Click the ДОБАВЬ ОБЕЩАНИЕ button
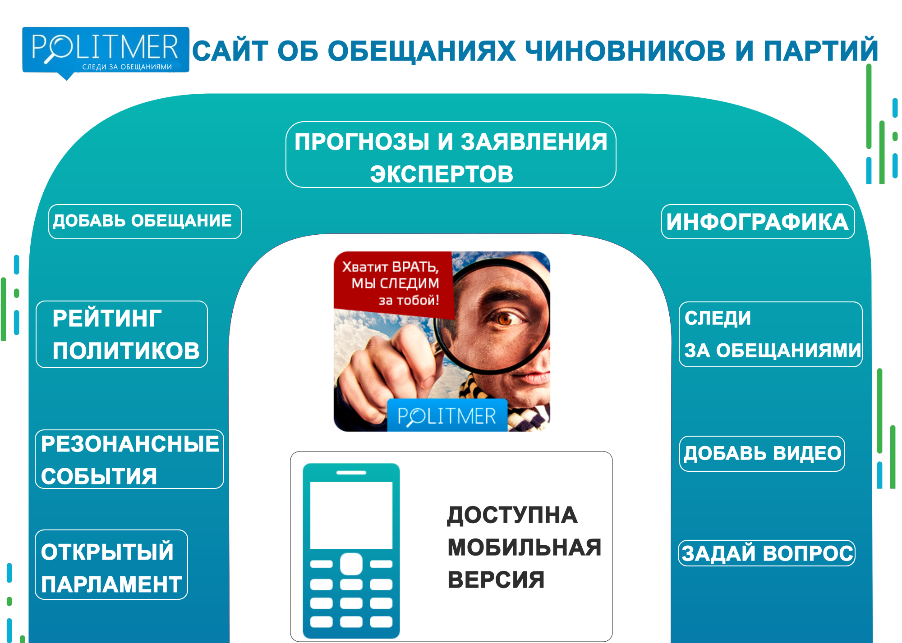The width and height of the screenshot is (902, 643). [145, 222]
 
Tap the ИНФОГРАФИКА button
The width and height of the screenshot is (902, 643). [758, 222]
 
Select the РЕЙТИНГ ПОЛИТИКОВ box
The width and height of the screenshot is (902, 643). [122, 334]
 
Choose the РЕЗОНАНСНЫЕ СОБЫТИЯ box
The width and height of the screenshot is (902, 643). [129, 459]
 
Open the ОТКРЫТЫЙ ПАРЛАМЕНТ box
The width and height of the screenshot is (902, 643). [111, 565]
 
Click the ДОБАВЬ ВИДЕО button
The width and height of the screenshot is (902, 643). [762, 454]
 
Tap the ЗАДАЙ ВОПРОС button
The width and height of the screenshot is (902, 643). [767, 553]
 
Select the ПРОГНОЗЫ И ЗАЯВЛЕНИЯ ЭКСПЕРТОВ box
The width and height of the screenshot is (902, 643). [451, 155]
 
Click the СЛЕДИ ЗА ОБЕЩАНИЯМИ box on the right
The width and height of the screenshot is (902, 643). [771, 334]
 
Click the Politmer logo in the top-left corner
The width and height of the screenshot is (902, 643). [106, 50]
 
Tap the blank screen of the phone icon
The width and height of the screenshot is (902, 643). [351, 515]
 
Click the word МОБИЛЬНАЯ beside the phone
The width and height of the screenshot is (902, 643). [525, 547]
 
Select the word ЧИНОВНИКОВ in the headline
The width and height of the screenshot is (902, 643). [626, 50]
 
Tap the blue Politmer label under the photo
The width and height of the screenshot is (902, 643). [447, 415]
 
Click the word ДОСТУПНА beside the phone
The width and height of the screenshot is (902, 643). [512, 515]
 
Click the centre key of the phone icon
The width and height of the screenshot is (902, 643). [351, 564]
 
